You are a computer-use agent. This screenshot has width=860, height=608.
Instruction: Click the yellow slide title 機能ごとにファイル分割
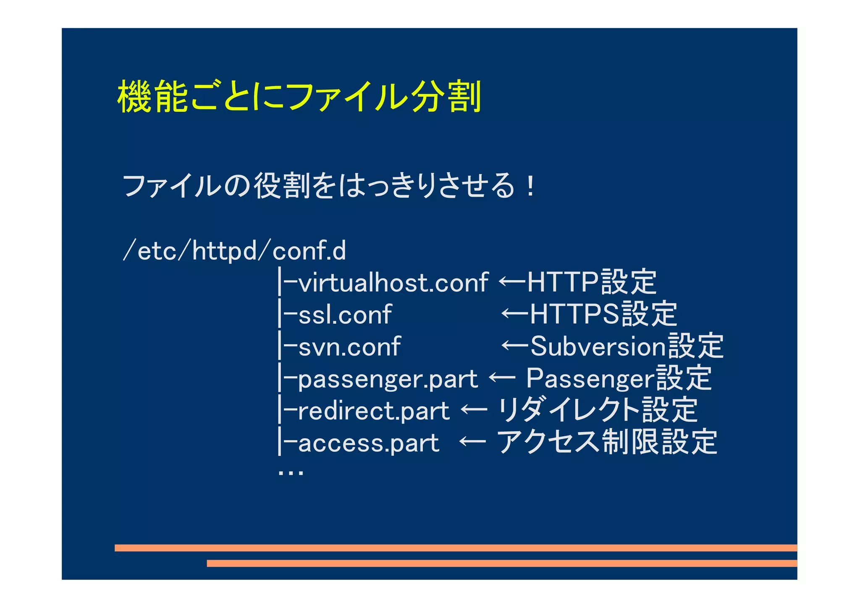coord(299,97)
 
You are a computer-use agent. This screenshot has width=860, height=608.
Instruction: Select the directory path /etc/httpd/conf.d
coord(234,251)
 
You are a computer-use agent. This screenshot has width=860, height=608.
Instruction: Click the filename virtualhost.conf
coord(393,282)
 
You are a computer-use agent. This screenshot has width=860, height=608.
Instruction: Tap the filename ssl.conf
coord(345,314)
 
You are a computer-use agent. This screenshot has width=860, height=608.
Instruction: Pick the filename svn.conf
coord(349,347)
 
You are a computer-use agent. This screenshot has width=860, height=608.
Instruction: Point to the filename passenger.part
coord(387,379)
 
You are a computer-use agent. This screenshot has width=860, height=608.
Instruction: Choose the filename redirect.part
coord(373,411)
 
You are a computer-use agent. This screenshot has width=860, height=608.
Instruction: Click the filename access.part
coord(368,443)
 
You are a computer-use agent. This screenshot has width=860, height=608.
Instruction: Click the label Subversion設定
coord(627,346)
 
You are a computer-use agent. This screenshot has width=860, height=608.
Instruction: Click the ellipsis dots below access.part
coord(291,473)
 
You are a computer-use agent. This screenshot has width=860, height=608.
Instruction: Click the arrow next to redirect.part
coord(474,409)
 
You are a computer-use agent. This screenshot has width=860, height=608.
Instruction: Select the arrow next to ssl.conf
coord(515,313)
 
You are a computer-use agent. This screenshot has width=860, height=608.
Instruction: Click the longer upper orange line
coord(456,548)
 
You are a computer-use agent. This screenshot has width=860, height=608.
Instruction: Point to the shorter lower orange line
coord(502,563)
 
